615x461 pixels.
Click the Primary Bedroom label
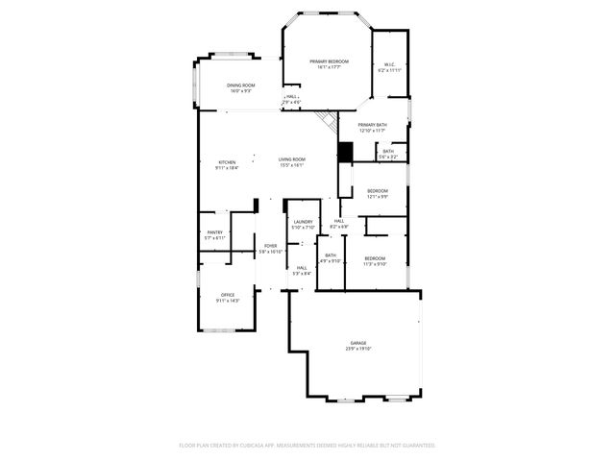[329, 61]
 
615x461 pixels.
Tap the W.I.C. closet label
[389, 65]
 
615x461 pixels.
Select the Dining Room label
[240, 85]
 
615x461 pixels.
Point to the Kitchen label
[227, 161]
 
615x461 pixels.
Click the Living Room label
[292, 159]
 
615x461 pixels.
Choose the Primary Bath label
[372, 125]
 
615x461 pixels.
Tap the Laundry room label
[304, 222]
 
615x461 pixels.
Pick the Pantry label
[215, 231]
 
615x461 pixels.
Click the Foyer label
[271, 246]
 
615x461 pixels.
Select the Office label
[228, 295]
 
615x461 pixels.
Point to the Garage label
[357, 342]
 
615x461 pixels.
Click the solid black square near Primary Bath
[346, 152]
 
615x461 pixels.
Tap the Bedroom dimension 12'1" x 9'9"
[378, 197]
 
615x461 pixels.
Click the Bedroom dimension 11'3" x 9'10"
[375, 263]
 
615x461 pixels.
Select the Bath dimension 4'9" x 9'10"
[332, 260]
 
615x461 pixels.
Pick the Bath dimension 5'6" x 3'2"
[387, 156]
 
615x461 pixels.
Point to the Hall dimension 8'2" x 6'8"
[339, 227]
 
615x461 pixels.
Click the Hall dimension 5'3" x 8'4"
[302, 273]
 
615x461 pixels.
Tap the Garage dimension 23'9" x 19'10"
[357, 349]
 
